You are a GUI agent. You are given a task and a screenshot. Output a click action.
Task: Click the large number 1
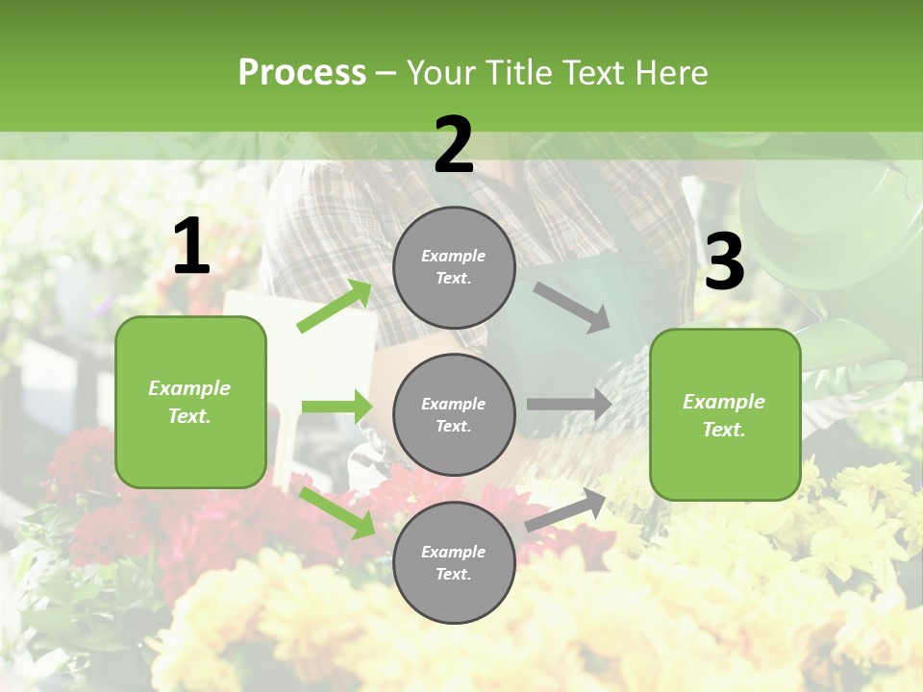[191, 247]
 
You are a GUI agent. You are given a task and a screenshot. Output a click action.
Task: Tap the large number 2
[454, 145]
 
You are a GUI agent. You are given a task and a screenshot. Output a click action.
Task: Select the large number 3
[725, 262]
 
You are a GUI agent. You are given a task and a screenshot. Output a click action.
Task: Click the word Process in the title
[302, 72]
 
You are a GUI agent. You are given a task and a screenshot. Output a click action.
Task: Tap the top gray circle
[454, 267]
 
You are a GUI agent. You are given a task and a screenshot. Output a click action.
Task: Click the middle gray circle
[454, 415]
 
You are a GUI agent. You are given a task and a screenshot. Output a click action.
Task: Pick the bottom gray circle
[454, 563]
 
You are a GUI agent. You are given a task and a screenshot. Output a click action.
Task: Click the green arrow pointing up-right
[336, 306]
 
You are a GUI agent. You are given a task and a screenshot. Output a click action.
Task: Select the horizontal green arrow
[337, 407]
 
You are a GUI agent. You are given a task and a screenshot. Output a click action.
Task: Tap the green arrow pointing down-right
[337, 513]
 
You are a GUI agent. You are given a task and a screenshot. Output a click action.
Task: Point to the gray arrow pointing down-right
[573, 307]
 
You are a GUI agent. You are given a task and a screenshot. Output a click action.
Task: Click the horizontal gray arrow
[569, 404]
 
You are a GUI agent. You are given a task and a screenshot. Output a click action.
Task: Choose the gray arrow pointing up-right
[566, 509]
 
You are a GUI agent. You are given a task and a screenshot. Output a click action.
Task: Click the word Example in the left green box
[189, 388]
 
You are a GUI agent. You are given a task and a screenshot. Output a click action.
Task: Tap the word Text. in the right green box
[724, 430]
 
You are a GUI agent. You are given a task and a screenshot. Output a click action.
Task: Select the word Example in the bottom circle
[454, 552]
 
